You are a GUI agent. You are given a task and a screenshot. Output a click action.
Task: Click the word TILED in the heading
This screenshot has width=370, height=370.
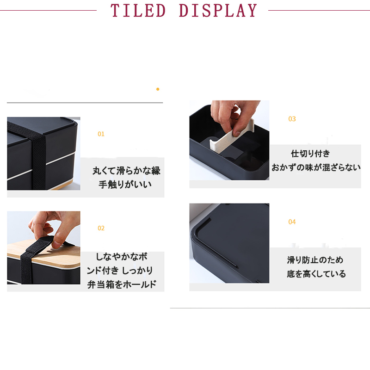[138, 11]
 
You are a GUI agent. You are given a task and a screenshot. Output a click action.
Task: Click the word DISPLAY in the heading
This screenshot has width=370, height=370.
[218, 11]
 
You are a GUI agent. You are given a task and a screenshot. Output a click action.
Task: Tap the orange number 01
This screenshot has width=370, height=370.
[101, 134]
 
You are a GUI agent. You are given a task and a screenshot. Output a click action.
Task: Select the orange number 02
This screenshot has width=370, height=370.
[101, 228]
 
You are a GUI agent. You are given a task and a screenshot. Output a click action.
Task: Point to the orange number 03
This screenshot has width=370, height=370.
[292, 119]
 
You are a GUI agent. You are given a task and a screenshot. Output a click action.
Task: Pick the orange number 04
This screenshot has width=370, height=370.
[292, 222]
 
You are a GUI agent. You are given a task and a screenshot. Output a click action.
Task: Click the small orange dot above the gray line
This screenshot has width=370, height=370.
[158, 89]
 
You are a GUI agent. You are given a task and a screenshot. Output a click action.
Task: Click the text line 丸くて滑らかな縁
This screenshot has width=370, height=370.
[126, 171]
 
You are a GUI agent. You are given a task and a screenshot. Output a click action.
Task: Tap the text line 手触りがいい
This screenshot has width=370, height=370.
[125, 185]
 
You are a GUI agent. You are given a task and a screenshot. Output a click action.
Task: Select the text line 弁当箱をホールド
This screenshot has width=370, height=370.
[122, 284]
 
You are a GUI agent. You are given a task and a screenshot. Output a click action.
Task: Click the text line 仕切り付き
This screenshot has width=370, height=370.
[310, 154]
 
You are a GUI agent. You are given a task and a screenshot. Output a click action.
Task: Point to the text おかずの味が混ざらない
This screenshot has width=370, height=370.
[316, 167]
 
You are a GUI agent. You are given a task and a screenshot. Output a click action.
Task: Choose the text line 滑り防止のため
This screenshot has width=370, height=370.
[315, 260]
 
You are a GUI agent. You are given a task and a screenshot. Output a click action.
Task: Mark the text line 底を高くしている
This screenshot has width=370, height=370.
[316, 274]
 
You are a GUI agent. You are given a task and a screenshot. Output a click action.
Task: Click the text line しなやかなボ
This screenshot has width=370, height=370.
[122, 257]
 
